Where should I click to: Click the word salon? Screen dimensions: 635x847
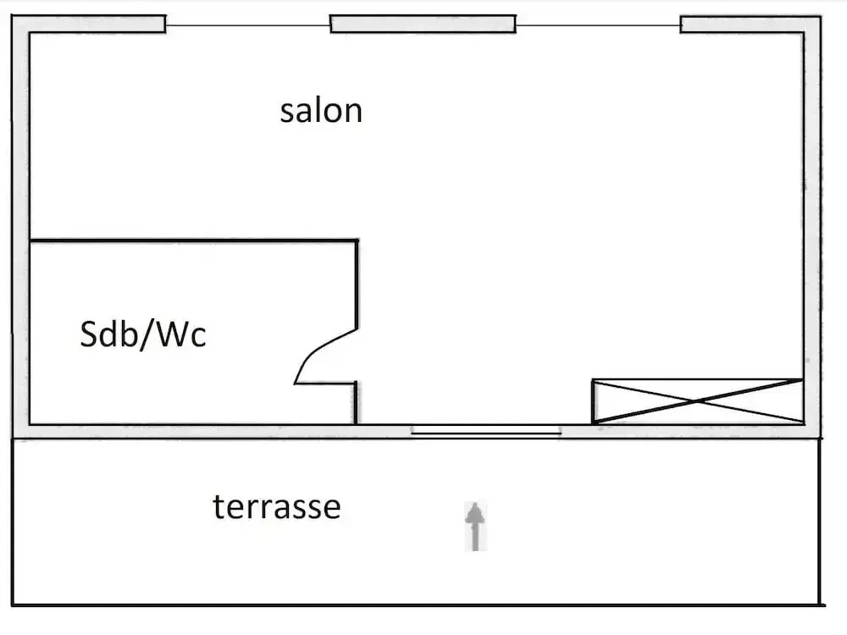(321, 111)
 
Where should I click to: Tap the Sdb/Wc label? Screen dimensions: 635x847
(143, 335)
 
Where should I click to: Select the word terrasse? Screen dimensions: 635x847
(276, 507)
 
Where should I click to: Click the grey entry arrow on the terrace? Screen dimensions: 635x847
(476, 526)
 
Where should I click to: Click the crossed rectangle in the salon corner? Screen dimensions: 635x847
(697, 400)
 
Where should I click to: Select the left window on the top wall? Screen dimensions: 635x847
(247, 25)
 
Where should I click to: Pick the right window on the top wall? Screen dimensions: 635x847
(598, 25)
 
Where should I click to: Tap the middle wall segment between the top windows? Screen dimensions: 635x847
(423, 24)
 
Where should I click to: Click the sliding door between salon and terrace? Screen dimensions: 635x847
(486, 431)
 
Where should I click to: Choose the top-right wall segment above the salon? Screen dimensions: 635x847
(750, 24)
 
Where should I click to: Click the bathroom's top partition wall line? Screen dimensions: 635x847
(193, 241)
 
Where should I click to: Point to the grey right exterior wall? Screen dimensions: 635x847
(811, 229)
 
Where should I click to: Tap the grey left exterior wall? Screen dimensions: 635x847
(20, 229)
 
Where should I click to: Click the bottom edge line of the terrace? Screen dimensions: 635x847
(415, 605)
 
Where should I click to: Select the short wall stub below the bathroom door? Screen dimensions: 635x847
(356, 403)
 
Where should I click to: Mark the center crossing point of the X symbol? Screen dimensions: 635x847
(694, 400)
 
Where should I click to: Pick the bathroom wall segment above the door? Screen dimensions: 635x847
(357, 284)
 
